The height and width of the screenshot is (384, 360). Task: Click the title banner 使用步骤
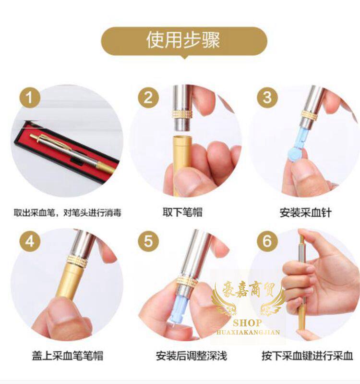tap(184, 41)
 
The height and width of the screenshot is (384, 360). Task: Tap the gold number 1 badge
tap(30, 98)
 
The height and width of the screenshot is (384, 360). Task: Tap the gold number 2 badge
tap(148, 98)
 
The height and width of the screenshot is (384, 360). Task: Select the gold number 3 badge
tap(267, 98)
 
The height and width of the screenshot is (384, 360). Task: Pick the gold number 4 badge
tap(30, 241)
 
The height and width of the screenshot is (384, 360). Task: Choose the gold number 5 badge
tap(148, 241)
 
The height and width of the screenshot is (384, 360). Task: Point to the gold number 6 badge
tap(267, 241)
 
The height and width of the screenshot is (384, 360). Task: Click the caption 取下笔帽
tap(183, 212)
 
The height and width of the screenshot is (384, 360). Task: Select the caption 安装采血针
tap(305, 212)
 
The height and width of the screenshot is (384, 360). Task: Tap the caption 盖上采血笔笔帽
tap(68, 355)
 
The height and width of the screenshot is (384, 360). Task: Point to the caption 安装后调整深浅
tap(192, 356)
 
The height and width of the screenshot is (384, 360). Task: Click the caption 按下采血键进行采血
tap(307, 356)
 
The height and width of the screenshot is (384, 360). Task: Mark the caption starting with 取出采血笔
tap(67, 212)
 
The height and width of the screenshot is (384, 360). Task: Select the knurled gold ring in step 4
tap(77, 261)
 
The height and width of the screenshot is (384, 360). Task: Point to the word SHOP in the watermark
tap(247, 323)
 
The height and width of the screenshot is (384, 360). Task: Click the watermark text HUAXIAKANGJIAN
tap(248, 332)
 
